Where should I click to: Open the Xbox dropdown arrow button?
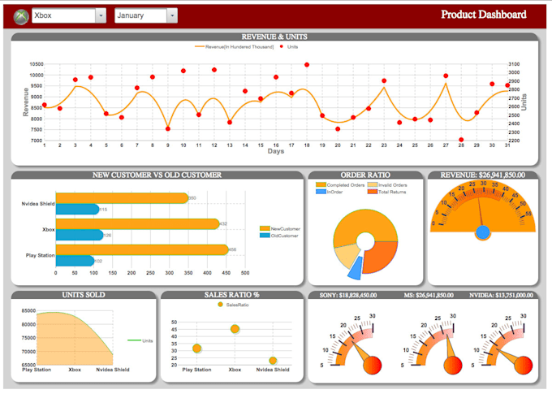point(101,15)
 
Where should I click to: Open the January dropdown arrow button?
point(171,15)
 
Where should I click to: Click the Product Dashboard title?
point(484,15)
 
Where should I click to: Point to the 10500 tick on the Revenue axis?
point(36,64)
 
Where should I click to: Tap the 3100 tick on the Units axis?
point(515,64)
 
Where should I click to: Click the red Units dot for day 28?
point(461,140)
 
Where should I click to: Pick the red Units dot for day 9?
point(168,128)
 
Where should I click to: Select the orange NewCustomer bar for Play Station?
point(141,249)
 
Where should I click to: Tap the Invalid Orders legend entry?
point(393,184)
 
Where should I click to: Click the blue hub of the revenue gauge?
point(483,232)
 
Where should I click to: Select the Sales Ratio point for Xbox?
point(235,329)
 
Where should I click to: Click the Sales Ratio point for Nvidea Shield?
point(273,360)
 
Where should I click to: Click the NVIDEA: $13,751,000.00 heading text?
point(502,296)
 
